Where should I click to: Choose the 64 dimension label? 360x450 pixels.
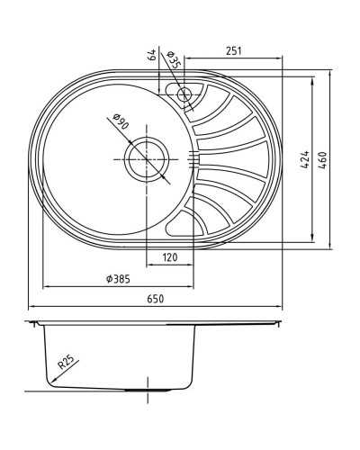(x=152, y=57)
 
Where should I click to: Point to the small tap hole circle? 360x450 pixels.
(x=184, y=92)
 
